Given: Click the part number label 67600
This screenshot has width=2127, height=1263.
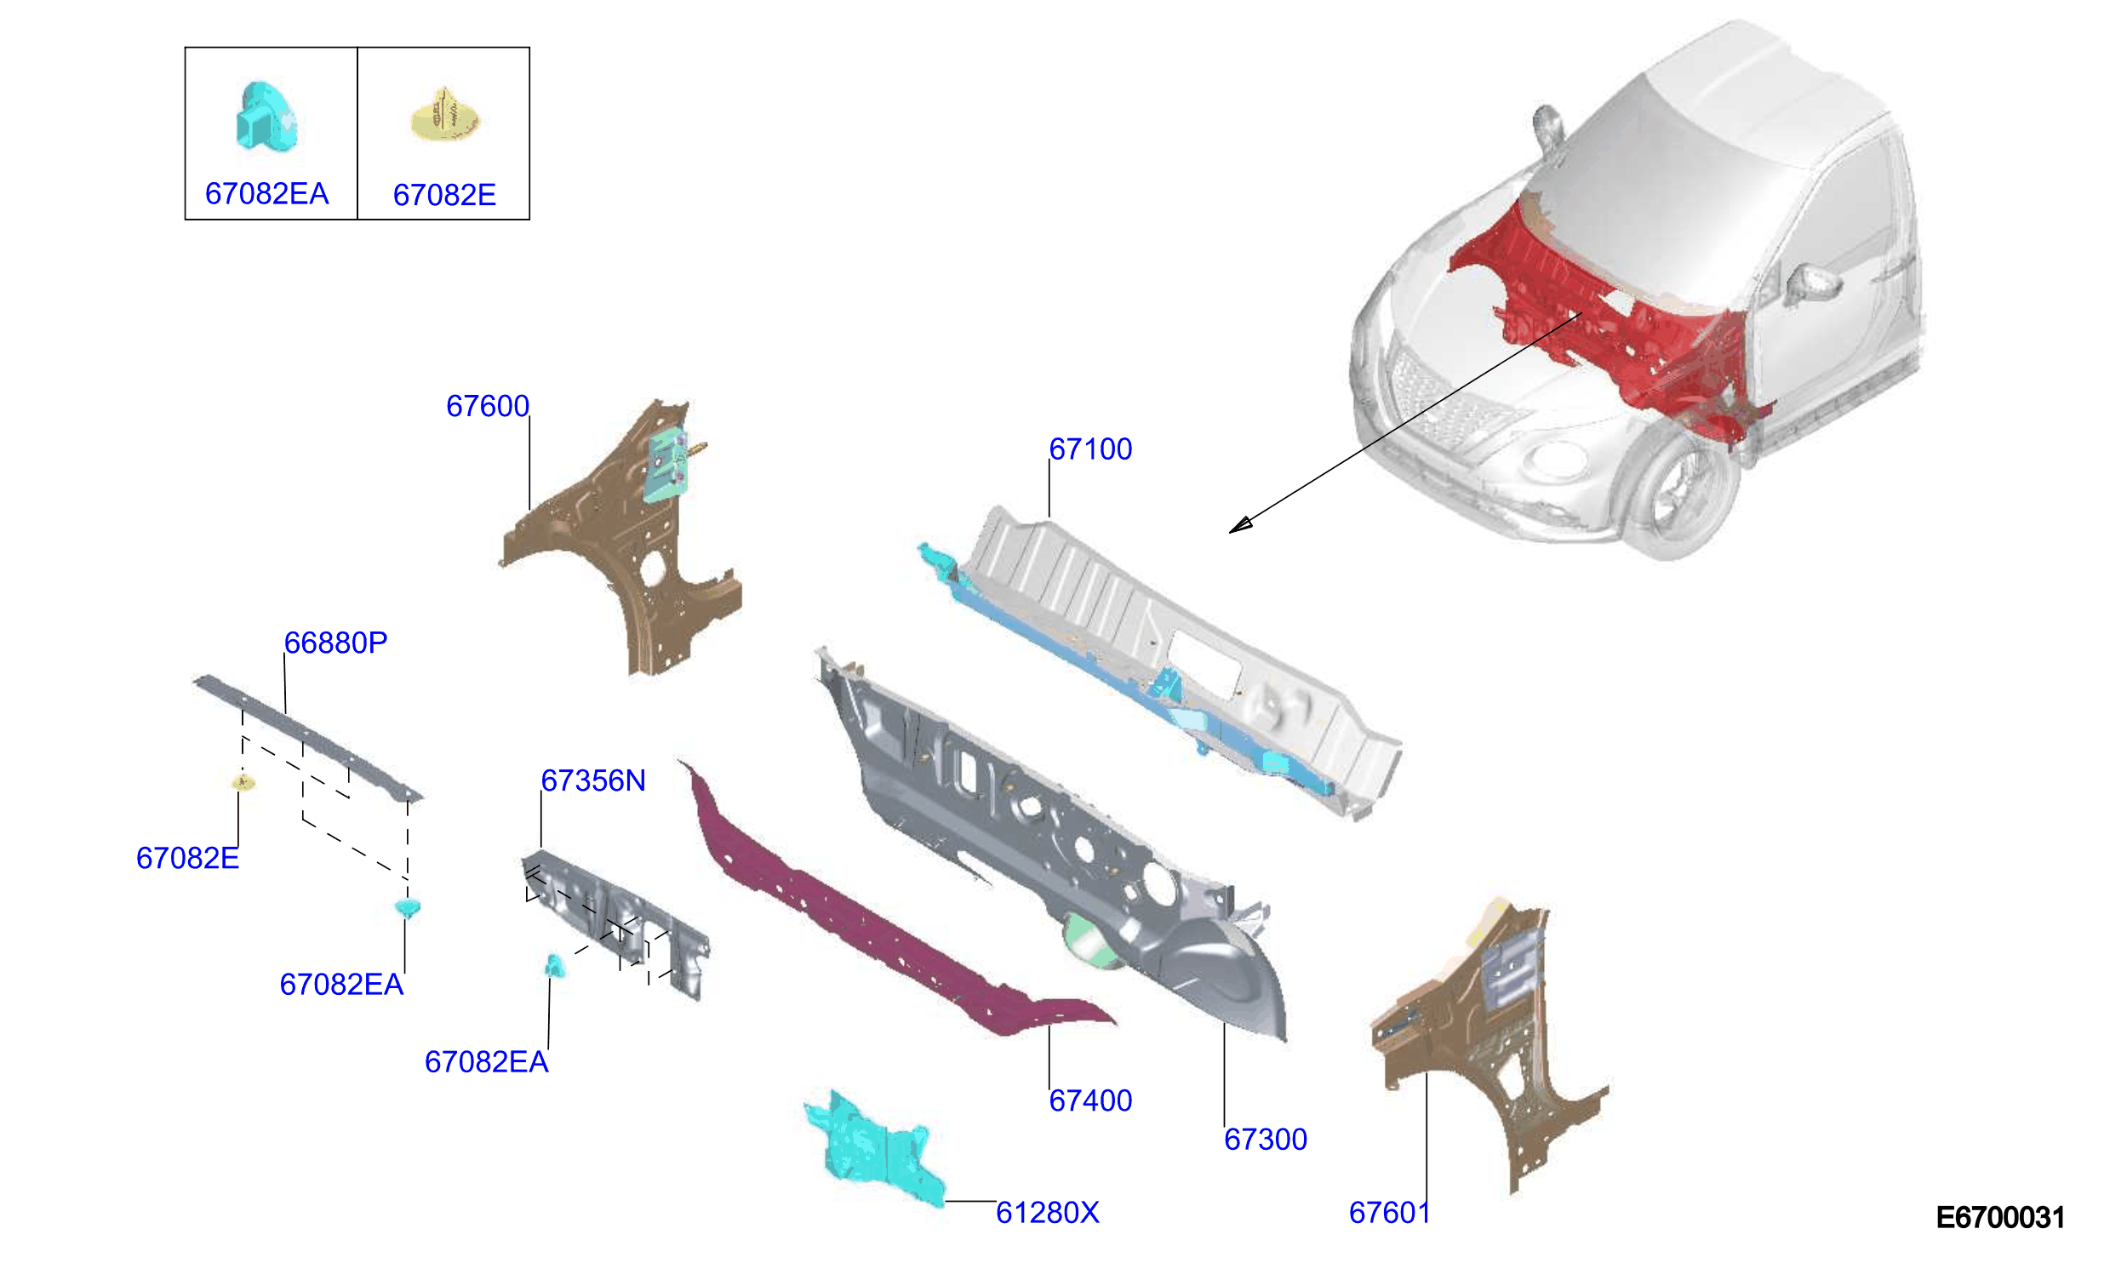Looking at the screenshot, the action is click(488, 407).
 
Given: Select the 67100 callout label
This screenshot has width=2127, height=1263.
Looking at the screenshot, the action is click(1090, 449).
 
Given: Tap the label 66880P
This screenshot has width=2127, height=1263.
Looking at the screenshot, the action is click(335, 643).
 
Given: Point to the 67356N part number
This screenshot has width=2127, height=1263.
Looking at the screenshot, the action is click(593, 781).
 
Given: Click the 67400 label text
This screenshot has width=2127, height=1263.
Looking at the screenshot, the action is click(1090, 1101).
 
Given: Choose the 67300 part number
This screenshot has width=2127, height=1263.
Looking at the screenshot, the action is click(1266, 1140).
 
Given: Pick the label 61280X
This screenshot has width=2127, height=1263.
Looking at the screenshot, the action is click(1048, 1213).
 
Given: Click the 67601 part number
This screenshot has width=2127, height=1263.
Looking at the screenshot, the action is click(1389, 1213).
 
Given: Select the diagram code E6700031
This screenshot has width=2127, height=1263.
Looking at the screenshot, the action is click(2000, 1218).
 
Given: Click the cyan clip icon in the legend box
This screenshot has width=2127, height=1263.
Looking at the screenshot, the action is click(266, 117).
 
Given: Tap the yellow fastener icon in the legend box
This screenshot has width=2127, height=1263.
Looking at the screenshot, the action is click(445, 115).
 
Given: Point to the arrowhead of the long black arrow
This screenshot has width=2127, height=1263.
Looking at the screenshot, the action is click(1239, 525).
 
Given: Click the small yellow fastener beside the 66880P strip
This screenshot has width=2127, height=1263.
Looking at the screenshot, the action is click(243, 781).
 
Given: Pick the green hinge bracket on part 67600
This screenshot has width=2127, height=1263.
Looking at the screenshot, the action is click(666, 466).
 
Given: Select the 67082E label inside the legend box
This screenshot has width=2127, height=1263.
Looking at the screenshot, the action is click(444, 196).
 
